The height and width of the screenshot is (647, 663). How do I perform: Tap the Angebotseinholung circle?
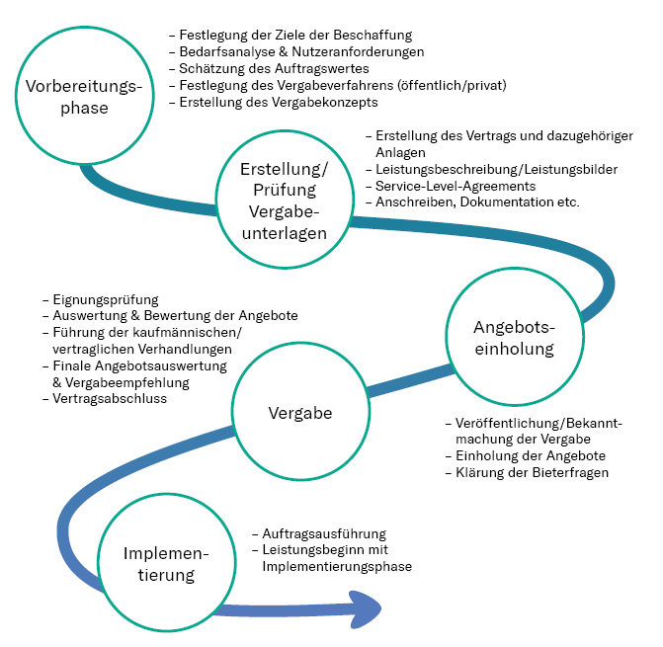point(513,339)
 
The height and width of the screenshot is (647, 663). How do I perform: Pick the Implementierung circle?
point(159,564)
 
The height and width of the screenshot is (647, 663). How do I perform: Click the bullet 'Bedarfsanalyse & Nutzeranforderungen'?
point(301,51)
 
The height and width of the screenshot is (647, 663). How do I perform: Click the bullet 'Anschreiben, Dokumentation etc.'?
point(477,202)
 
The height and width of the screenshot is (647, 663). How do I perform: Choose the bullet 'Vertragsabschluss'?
point(110,398)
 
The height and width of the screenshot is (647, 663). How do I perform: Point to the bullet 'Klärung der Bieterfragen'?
point(532,472)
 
